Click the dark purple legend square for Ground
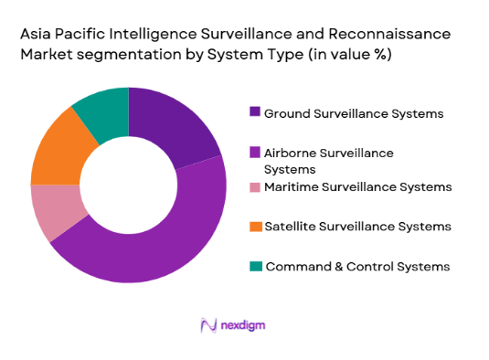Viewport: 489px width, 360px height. click(255, 112)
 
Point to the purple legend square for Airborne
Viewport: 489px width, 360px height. click(255, 152)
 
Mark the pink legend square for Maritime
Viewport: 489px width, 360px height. click(255, 187)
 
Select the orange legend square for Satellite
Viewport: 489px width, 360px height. click(255, 226)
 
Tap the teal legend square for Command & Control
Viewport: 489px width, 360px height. click(255, 266)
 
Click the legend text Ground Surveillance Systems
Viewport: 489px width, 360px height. click(354, 113)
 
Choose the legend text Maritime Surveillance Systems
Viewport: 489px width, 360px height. click(357, 187)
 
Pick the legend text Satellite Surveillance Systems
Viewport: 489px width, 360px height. click(356, 226)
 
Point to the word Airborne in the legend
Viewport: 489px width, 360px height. click(291, 152)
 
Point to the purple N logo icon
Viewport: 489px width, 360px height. click(207, 325)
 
